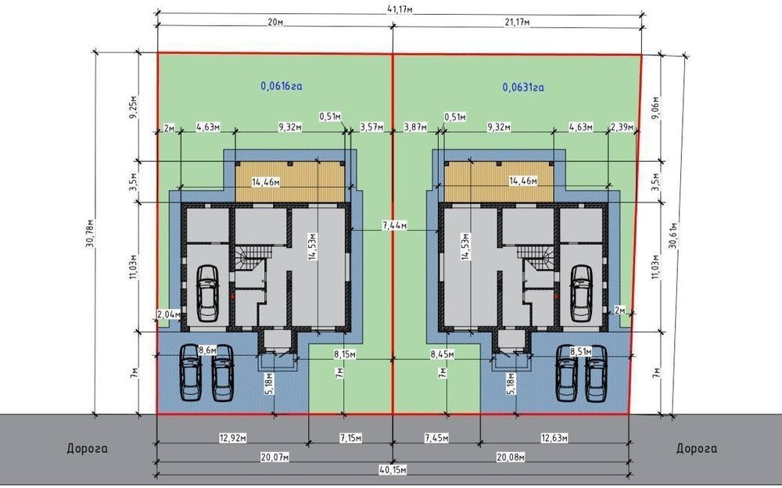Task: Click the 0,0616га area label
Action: (282, 86)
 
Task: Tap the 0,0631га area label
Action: (523, 88)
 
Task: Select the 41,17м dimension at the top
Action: (400, 9)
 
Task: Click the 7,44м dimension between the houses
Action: (394, 225)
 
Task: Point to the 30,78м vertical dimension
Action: (89, 233)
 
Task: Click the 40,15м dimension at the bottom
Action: (393, 470)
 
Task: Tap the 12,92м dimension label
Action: (233, 438)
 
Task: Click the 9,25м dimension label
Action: (133, 106)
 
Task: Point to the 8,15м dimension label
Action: (345, 354)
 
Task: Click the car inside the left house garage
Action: (207, 293)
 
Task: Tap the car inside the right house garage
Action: (581, 293)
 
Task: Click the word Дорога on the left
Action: (87, 449)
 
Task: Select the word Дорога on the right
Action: (696, 449)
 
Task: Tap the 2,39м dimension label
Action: (622, 127)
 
